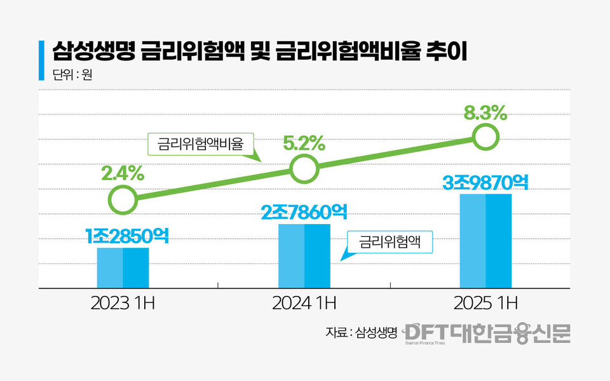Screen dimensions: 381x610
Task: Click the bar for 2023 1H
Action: pos(123,268)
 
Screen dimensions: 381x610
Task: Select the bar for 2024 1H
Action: pos(304,256)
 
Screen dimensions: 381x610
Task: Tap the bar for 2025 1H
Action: pos(485,241)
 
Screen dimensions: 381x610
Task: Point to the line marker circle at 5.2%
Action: pos(304,168)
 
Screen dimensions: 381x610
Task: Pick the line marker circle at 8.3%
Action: pos(485,136)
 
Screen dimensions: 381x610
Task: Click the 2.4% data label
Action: pos(123,173)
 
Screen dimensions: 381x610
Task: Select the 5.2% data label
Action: pos(304,144)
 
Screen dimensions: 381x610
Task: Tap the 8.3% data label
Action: pos(485,114)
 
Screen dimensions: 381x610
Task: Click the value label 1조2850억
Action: pos(127,236)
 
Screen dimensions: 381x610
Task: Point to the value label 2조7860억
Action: pos(304,212)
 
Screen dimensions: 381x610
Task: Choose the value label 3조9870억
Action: pos(485,182)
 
